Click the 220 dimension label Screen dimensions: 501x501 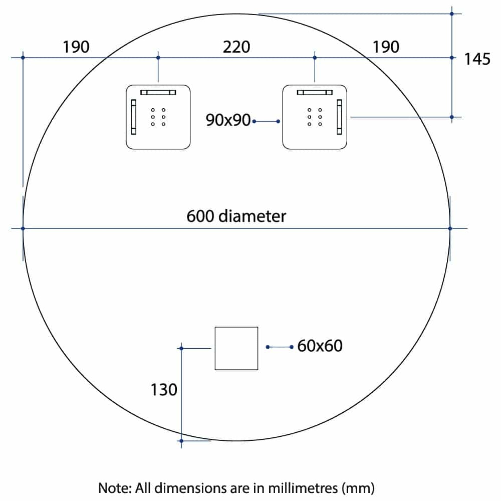pos(236,47)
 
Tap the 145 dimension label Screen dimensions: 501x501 pos(477,59)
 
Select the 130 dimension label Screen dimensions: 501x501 pos(164,389)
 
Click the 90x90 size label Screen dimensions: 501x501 pos(228,120)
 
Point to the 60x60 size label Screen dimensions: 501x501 pos(320,346)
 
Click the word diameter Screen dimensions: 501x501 pos(252,216)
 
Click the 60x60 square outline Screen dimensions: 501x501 pos(236,348)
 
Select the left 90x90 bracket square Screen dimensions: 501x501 pos(158,117)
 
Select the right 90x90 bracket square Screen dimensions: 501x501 pos(315,117)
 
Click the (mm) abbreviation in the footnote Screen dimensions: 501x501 pos(358,488)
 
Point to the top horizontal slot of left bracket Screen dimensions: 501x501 pos(158,92)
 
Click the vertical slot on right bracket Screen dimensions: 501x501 pos(339,117)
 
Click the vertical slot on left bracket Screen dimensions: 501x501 pos(134,117)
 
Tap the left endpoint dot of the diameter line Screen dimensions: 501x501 pos(23,228)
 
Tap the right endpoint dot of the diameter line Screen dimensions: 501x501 pos(450,228)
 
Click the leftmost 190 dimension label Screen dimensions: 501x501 pos(76,47)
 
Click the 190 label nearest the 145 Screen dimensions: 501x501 pos(386,47)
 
